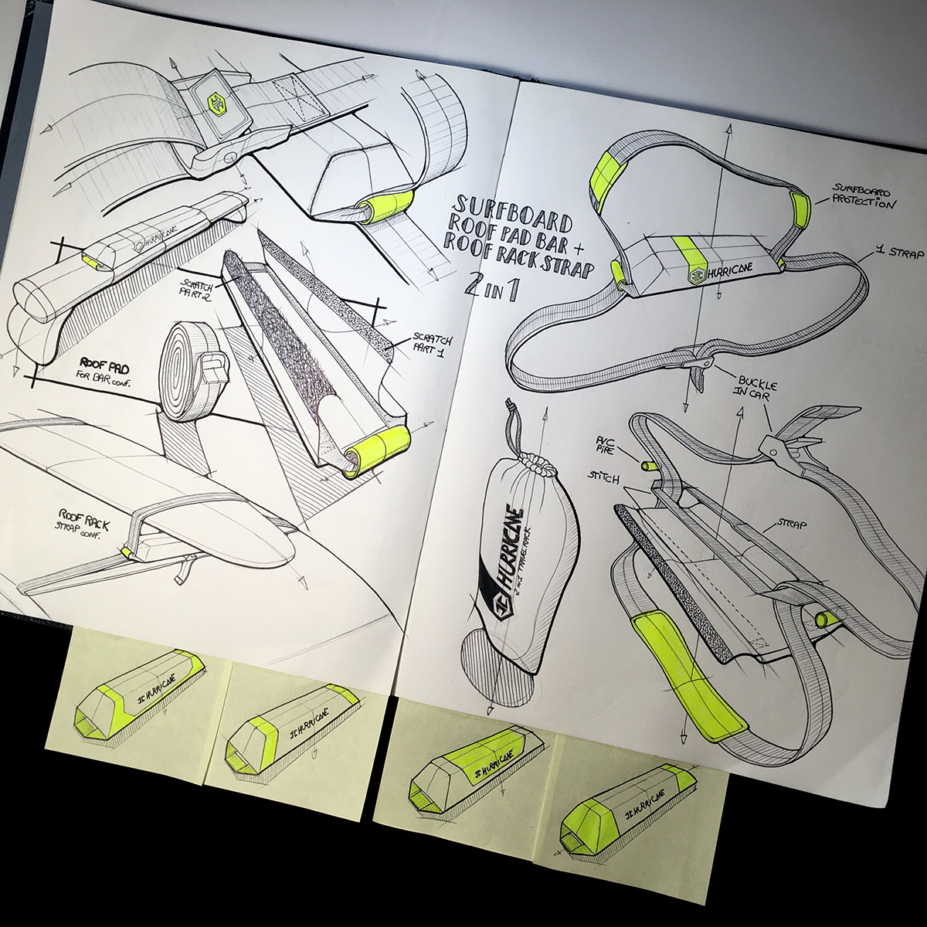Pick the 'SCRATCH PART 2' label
coord(195,288)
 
